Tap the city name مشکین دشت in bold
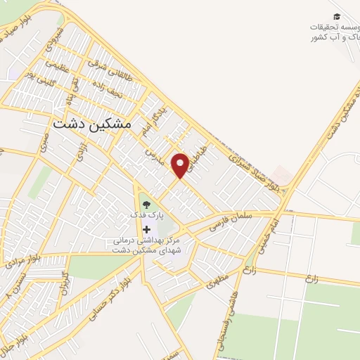coord(92,122)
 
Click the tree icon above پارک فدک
coord(146,205)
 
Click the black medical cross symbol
coord(146,230)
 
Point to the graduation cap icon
coord(337,16)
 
